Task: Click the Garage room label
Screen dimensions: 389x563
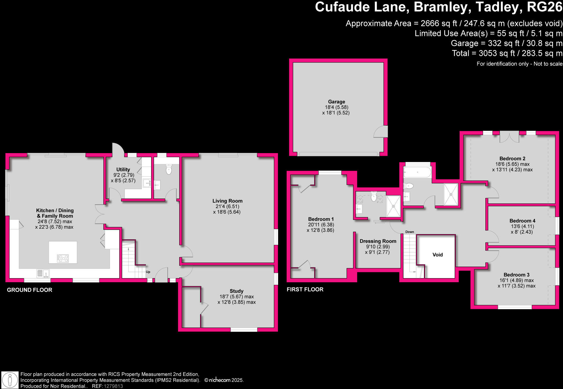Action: click(x=336, y=102)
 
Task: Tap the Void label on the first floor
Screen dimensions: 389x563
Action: click(x=437, y=255)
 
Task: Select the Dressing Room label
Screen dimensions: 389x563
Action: click(x=378, y=241)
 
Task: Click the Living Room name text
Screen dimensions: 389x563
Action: click(x=227, y=201)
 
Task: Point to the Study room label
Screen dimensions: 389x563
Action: click(x=236, y=291)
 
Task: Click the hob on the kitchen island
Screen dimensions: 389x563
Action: click(x=63, y=258)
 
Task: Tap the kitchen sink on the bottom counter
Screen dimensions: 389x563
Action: click(x=43, y=273)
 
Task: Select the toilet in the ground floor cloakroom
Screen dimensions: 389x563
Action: click(x=169, y=169)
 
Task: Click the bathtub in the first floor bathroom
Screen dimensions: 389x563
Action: click(x=417, y=173)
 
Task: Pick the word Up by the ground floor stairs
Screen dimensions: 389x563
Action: click(x=148, y=272)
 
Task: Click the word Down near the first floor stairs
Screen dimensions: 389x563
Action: click(x=410, y=232)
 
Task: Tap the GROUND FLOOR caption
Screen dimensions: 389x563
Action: click(x=30, y=290)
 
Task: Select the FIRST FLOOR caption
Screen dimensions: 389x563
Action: click(x=305, y=289)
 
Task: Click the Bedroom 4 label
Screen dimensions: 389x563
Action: click(x=522, y=221)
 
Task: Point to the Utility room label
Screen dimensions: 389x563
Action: click(x=123, y=170)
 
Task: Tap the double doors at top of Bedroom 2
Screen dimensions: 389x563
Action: click(x=509, y=137)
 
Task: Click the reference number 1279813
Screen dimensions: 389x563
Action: click(x=113, y=386)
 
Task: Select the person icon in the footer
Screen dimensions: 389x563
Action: click(x=10, y=380)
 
